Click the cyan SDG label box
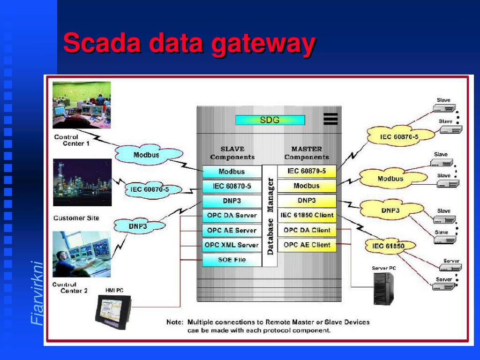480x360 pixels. (x=270, y=120)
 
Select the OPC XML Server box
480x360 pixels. (x=232, y=245)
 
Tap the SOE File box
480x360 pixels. (x=232, y=260)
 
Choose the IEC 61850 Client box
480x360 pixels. (x=307, y=215)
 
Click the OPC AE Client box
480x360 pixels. (x=307, y=245)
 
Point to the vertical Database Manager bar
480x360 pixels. (x=270, y=216)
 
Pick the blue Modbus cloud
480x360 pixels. (x=149, y=155)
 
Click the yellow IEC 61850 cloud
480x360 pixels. (x=390, y=246)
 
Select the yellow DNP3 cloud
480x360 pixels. (x=391, y=210)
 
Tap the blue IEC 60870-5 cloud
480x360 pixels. (x=150, y=189)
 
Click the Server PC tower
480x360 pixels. (x=383, y=288)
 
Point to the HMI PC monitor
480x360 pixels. (x=113, y=312)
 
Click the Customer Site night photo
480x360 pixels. (x=82, y=182)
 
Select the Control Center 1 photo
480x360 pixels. (x=82, y=105)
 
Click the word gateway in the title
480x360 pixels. (x=263, y=44)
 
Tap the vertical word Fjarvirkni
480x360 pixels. (x=37, y=292)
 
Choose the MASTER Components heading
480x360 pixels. (x=307, y=153)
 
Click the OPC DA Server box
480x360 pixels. (x=232, y=216)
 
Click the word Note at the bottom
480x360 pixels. (x=175, y=322)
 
